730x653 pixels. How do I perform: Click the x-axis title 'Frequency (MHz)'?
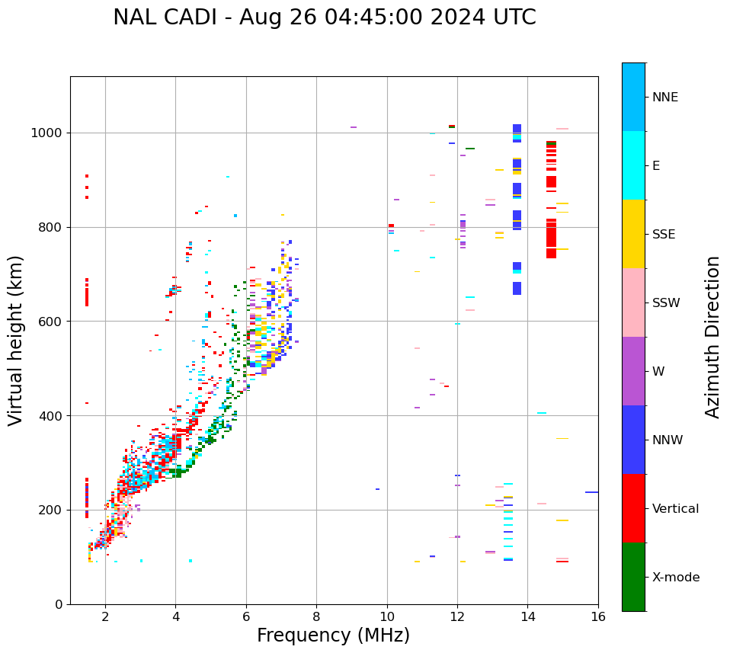coord(333,635)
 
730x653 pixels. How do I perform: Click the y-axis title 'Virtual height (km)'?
coord(16,341)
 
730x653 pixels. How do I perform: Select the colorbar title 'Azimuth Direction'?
coord(712,337)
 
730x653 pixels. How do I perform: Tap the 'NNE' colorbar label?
coord(665,98)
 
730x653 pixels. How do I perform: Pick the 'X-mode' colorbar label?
coord(676,578)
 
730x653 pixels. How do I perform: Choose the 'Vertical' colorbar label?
coord(676,509)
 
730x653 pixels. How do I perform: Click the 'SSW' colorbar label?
coord(666,303)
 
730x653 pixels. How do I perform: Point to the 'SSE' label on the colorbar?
coord(664,235)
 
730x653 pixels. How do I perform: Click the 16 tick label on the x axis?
coord(598,617)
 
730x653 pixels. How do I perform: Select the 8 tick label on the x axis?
coord(316,617)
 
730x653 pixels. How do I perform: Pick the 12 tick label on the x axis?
coord(457,617)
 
